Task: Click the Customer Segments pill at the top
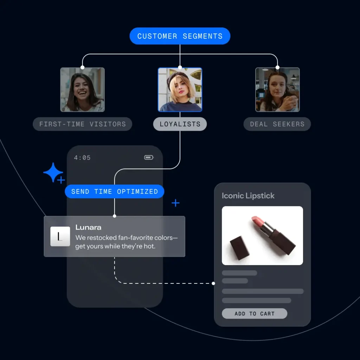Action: click(180, 36)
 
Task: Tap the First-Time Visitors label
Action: click(82, 124)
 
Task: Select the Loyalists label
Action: click(180, 124)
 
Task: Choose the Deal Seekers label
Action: click(277, 124)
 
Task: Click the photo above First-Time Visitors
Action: click(82, 90)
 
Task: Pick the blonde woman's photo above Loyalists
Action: click(180, 90)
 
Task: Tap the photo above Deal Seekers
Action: click(277, 90)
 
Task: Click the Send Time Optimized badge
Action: click(114, 192)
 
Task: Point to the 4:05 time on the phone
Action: click(82, 158)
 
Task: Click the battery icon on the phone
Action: click(149, 157)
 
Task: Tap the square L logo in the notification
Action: click(60, 236)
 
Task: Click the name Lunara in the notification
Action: click(88, 227)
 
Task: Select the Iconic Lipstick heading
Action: click(248, 196)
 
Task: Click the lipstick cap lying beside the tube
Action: click(240, 248)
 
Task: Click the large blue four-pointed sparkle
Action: click(53, 172)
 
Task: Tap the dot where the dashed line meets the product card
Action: click(214, 283)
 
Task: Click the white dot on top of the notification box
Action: click(115, 216)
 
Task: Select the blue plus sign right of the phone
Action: click(175, 203)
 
